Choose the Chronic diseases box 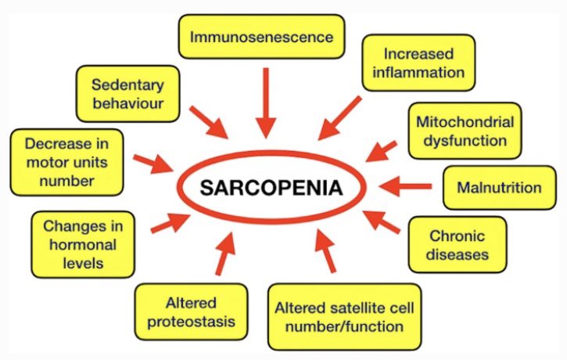click(x=458, y=245)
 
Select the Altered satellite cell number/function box click(x=339, y=315)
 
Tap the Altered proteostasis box click(x=191, y=311)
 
